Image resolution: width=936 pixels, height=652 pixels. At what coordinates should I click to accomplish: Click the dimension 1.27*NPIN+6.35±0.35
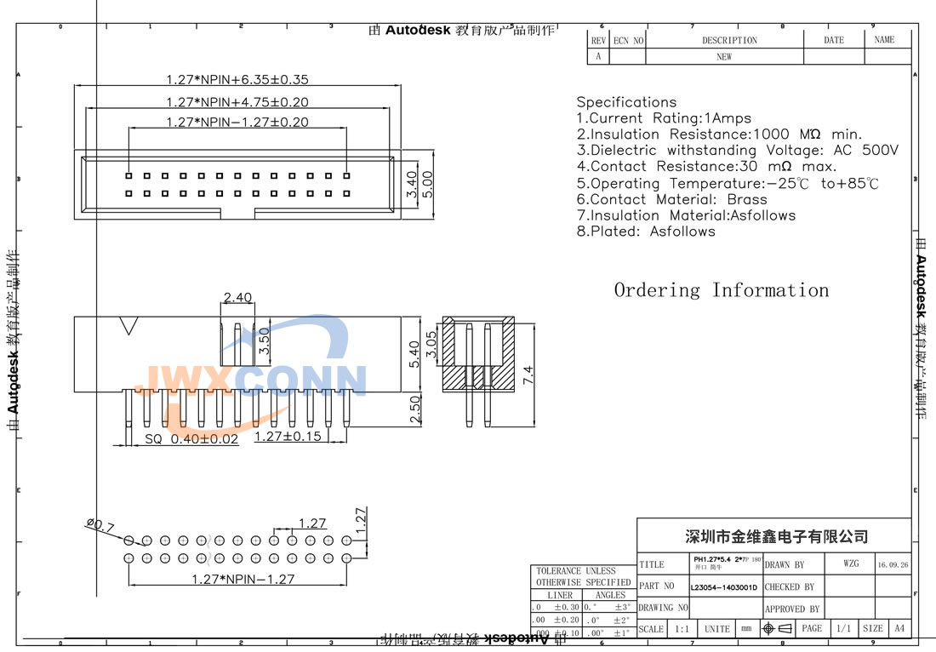tap(237, 80)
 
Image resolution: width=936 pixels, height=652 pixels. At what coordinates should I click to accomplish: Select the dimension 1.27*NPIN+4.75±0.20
tap(237, 101)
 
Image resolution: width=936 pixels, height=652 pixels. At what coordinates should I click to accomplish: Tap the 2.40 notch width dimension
tap(237, 297)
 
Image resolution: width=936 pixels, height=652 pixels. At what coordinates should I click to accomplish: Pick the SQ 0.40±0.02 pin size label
tap(191, 439)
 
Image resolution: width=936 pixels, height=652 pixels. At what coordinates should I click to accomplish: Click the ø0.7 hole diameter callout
tap(100, 527)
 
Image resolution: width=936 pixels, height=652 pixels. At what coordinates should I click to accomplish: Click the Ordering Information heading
tap(721, 290)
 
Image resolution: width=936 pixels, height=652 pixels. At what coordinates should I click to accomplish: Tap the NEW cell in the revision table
tap(723, 57)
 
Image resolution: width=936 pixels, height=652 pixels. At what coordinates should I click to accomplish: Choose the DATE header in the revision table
tap(834, 40)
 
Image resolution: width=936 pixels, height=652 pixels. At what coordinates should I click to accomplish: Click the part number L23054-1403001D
tap(724, 587)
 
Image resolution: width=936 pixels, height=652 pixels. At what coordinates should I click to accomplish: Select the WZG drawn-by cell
tap(851, 564)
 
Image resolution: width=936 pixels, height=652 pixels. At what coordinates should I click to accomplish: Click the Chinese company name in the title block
tap(777, 536)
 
